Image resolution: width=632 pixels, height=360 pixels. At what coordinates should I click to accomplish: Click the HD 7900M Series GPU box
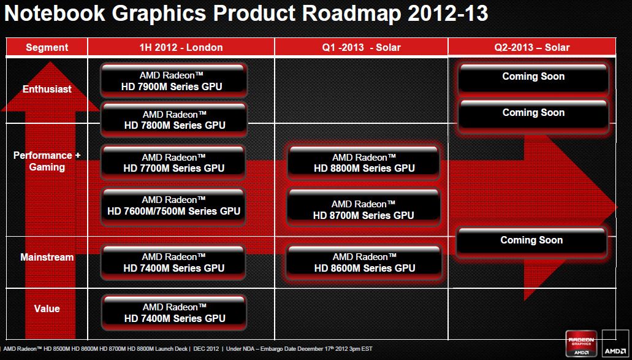point(174,80)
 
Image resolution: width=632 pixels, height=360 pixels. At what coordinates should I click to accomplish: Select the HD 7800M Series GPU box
point(174,120)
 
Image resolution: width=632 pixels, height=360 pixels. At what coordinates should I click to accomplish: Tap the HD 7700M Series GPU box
point(174,163)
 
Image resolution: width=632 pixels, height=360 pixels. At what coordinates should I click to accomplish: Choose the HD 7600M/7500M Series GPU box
point(174,205)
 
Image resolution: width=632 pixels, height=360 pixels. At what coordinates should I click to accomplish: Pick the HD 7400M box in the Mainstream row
point(174,262)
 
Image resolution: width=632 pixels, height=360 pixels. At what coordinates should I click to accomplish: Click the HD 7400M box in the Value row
point(174,313)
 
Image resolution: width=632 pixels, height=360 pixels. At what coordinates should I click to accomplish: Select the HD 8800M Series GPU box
point(364,163)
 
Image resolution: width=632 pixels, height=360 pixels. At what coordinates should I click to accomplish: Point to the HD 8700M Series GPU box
point(364,210)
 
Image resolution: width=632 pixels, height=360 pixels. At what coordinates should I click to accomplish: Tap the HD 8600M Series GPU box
point(364,262)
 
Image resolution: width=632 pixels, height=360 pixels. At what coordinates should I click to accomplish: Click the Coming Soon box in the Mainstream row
point(531,240)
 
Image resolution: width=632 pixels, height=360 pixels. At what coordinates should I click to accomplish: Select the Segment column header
point(47,47)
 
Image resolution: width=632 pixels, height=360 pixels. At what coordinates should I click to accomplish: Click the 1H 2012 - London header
point(181,47)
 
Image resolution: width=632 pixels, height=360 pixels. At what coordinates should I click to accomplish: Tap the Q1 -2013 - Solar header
point(361,47)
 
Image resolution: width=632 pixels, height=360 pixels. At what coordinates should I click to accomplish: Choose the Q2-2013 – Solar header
point(533,47)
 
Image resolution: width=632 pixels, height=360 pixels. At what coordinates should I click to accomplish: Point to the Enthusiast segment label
point(47,89)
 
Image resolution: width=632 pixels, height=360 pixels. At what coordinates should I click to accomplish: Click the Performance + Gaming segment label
point(47,161)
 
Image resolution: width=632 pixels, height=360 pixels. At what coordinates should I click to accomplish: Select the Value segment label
point(47,308)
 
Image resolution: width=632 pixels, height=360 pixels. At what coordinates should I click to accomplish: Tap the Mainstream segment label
point(47,258)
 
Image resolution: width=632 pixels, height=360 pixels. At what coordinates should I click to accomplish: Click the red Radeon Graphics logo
point(581,344)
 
